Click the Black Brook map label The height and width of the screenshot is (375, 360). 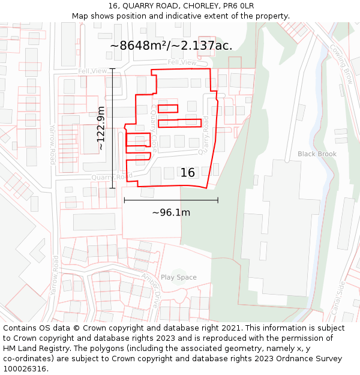317,154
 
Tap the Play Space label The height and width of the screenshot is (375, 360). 178,277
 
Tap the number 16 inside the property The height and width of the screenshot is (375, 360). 188,173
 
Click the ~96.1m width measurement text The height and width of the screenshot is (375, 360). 171,212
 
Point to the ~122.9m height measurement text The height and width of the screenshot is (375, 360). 101,128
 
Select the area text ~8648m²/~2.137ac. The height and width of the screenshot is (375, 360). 171,46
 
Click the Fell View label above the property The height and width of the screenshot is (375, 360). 182,62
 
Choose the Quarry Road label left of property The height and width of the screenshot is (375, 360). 112,177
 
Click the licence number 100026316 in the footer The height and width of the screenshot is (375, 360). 25,369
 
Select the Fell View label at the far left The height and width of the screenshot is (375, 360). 92,71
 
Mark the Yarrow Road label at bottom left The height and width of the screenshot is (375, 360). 55,275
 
